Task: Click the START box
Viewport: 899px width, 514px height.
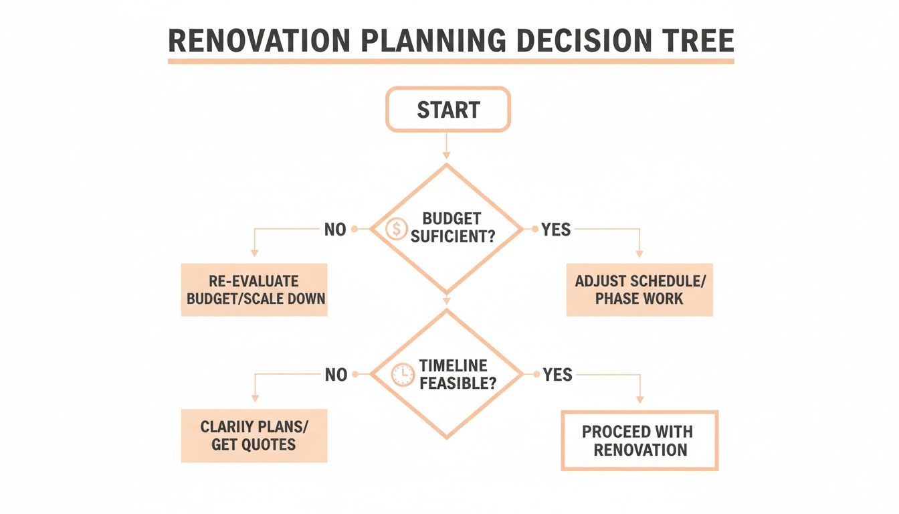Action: point(447,109)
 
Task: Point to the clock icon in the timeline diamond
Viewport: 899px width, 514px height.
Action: point(403,375)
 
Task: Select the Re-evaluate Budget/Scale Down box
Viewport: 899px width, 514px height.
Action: point(254,289)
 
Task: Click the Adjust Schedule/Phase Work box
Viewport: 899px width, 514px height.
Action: point(639,289)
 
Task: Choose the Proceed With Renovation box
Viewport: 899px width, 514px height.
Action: point(639,440)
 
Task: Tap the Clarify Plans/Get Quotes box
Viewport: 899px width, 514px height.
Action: point(254,435)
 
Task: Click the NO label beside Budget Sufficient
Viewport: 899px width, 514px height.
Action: point(335,230)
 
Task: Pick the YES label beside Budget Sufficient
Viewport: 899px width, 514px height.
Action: point(556,230)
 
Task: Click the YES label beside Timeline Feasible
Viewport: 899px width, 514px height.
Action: point(557,375)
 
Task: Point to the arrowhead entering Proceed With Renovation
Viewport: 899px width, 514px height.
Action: point(639,400)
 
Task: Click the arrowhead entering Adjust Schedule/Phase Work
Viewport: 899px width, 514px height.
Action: point(639,254)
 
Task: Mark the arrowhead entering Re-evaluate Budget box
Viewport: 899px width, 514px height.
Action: point(254,254)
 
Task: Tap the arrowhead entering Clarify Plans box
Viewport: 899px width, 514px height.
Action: point(254,400)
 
